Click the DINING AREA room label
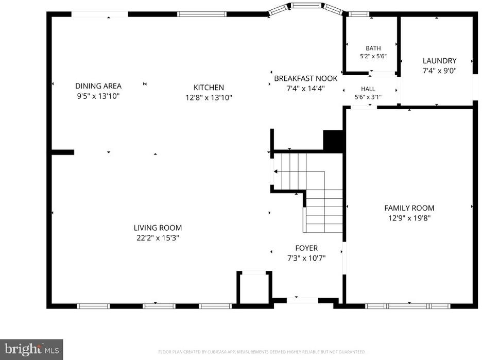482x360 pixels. pyautogui.click(x=98, y=86)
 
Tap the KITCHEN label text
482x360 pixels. pyautogui.click(x=209, y=88)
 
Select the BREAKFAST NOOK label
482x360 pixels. pyautogui.click(x=306, y=78)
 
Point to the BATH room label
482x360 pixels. pyautogui.click(x=373, y=48)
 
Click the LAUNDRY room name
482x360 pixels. pyautogui.click(x=440, y=61)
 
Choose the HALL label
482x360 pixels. pyautogui.click(x=368, y=89)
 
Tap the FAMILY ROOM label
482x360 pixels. pyautogui.click(x=409, y=208)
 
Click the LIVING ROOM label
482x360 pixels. pyautogui.click(x=158, y=228)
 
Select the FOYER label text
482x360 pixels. pyautogui.click(x=306, y=248)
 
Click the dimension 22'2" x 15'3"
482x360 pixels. pyautogui.click(x=158, y=238)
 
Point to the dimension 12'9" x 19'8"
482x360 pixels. pyautogui.click(x=409, y=218)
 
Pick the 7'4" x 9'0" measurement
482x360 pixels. pyautogui.click(x=440, y=71)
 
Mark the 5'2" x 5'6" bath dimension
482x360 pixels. pyautogui.click(x=373, y=56)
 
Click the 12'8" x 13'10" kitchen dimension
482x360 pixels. pyautogui.click(x=209, y=97)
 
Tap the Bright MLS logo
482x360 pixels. pyautogui.click(x=31, y=350)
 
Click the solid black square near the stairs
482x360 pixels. pyautogui.click(x=333, y=141)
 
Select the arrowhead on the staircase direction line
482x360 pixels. pyautogui.click(x=276, y=172)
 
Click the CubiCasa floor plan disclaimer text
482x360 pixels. pyautogui.click(x=262, y=352)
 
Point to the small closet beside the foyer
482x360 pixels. pyautogui.click(x=254, y=287)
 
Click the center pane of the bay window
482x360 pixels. pyautogui.click(x=306, y=5)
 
